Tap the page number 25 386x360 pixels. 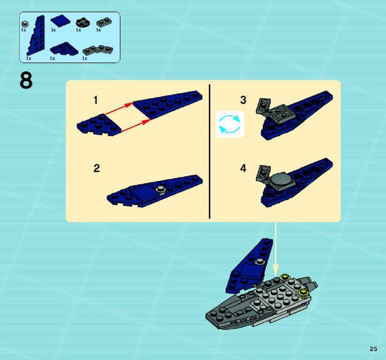point(373,349)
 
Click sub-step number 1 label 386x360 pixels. point(96,100)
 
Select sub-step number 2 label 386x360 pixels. point(96,168)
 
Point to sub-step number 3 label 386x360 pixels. point(243,100)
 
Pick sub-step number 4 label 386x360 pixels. point(243,168)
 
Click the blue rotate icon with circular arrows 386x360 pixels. point(230,124)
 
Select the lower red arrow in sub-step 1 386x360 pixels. point(136,126)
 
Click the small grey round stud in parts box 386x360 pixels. point(24,24)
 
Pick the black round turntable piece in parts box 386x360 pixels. point(82,22)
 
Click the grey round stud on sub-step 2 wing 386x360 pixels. point(161,189)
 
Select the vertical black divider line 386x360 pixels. point(209,151)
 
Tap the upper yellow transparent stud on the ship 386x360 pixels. point(285,277)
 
